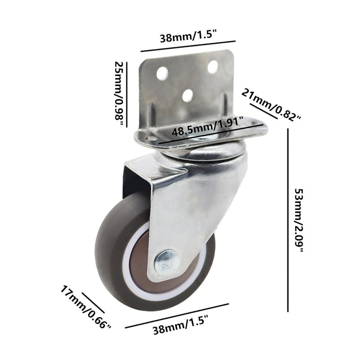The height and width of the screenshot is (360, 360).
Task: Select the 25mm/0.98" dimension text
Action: pos(118,94)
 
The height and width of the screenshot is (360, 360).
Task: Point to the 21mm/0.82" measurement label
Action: pos(271,104)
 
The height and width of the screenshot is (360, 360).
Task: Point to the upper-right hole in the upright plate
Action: pos(213,67)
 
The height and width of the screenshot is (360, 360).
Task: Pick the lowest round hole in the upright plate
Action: pos(187,94)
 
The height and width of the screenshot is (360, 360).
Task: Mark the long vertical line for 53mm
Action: pos(288,220)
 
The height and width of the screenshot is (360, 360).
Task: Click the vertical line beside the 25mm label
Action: pos(126,94)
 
